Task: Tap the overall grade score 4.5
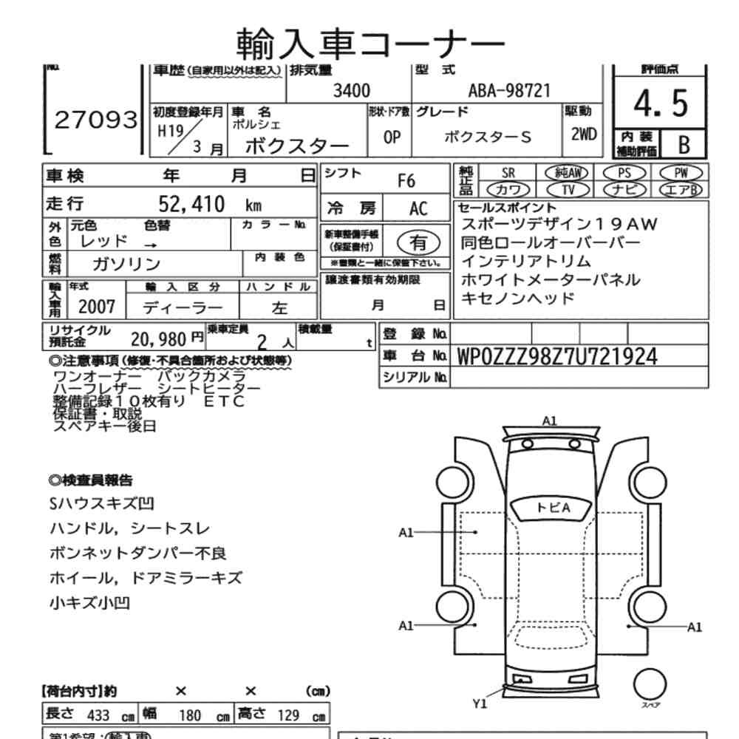coord(661,106)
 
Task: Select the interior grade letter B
coord(683,143)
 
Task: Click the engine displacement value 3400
coord(352,91)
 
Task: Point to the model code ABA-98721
coord(510,91)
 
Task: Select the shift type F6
coord(406,180)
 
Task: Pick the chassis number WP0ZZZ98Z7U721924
coord(558,356)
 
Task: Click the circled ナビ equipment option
coord(624,190)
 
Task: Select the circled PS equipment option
coord(624,173)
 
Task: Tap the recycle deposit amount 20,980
coord(160,339)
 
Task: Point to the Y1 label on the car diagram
coord(480,704)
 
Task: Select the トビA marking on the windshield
coord(554,508)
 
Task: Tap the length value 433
coord(98,715)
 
